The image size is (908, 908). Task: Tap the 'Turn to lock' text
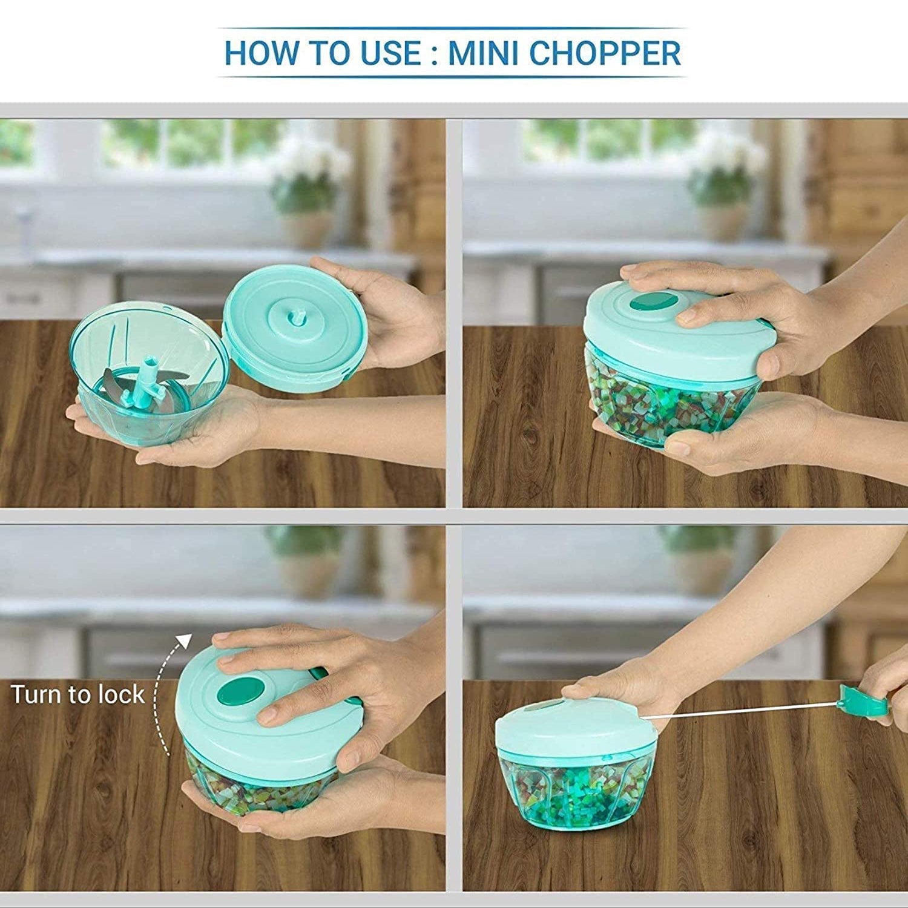pyautogui.click(x=77, y=694)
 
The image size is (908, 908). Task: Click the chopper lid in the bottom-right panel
pyautogui.click(x=569, y=726)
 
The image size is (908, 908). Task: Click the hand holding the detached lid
pyautogui.click(x=387, y=315)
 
